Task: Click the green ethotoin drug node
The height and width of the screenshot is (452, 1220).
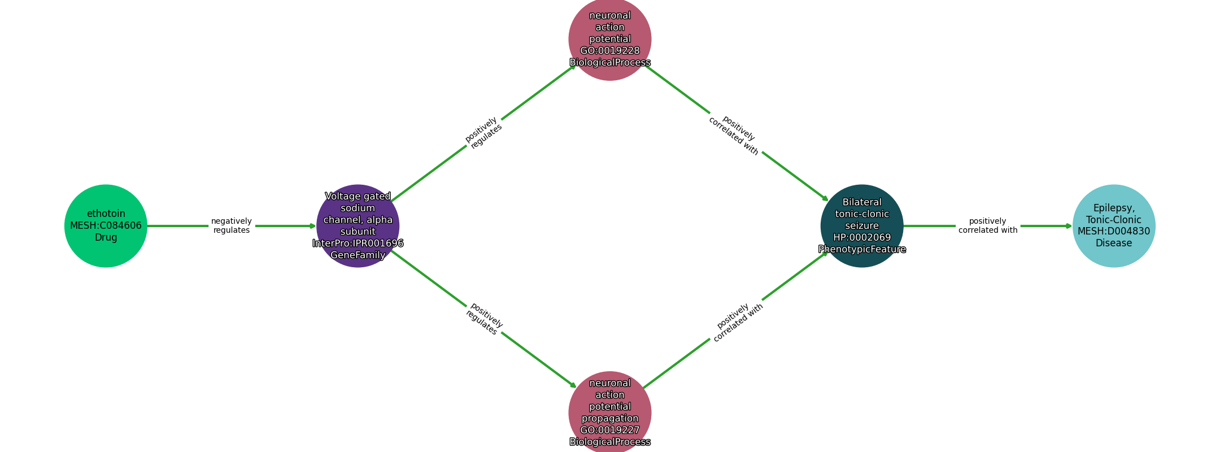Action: click(x=106, y=226)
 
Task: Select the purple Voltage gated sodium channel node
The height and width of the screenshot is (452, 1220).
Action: click(x=358, y=226)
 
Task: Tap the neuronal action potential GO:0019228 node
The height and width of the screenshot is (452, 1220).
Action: click(x=609, y=39)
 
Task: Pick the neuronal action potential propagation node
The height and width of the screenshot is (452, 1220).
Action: click(x=609, y=412)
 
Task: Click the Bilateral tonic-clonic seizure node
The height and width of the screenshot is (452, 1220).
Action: click(x=861, y=226)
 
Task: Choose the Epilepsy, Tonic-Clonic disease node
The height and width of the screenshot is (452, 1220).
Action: click(x=1113, y=226)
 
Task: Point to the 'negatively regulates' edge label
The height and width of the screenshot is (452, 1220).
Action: click(x=232, y=226)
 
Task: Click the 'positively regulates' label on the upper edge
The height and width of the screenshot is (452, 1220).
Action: click(x=483, y=133)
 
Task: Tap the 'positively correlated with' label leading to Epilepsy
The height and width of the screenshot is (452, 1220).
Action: click(x=988, y=226)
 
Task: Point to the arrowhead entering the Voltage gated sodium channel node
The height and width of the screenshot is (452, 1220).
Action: click(x=313, y=226)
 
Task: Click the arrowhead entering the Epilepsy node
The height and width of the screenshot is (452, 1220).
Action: click(x=1069, y=226)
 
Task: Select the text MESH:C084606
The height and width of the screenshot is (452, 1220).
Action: click(x=106, y=226)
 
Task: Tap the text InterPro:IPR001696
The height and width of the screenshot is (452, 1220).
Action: click(x=358, y=244)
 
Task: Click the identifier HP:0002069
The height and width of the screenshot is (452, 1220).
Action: click(x=861, y=238)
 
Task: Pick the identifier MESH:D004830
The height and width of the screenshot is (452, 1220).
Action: click(x=1113, y=232)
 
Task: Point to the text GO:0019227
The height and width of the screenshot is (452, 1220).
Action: click(x=609, y=431)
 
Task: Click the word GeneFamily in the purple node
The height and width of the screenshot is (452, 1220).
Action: click(x=358, y=255)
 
